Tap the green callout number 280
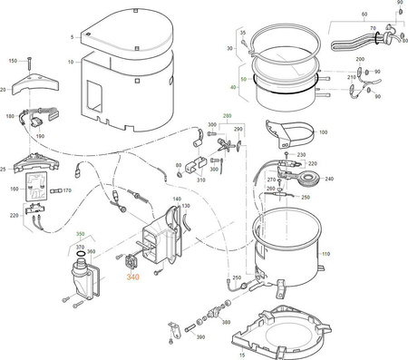(x=227, y=116)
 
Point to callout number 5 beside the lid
(x=71, y=36)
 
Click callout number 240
(x=328, y=179)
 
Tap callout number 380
(x=225, y=321)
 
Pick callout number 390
(x=200, y=336)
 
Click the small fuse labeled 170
(x=54, y=191)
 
